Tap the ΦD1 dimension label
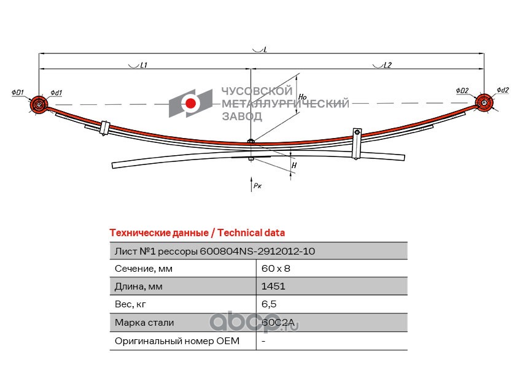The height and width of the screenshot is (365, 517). [18, 93]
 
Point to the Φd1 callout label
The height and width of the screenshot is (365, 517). [56, 93]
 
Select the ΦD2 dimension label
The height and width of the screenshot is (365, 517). [462, 90]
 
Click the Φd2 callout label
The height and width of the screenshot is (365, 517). [503, 90]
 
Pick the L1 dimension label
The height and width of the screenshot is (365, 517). [144, 65]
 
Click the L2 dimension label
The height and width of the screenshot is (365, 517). [387, 65]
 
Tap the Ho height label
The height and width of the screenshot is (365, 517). [302, 96]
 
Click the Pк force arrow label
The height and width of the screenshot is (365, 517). [257, 185]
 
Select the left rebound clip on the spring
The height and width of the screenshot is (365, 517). [104, 128]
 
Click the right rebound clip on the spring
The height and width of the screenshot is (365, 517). [356, 144]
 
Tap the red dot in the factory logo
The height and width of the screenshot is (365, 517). [190, 104]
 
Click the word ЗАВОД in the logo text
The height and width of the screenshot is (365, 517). [242, 117]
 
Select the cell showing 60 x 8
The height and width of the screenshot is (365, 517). [276, 269]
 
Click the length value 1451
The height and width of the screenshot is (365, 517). [273, 286]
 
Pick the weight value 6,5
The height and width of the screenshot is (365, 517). [269, 304]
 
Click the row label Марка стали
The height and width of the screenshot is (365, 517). [144, 322]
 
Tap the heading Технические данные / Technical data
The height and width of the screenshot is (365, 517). [197, 232]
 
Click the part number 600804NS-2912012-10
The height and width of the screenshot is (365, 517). [257, 252]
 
